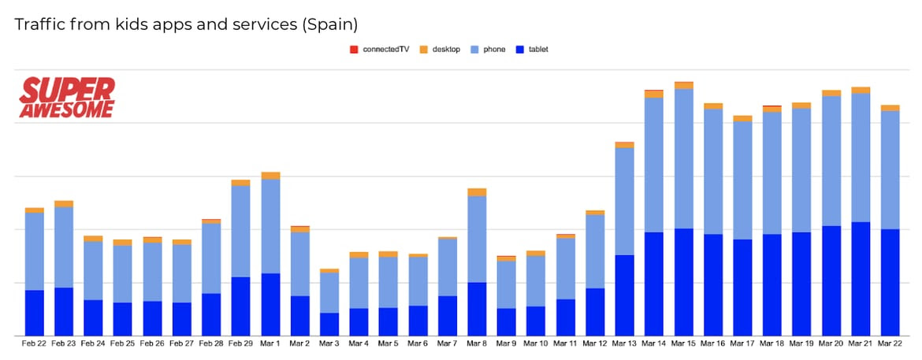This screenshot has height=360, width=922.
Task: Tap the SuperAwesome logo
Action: click(x=67, y=98)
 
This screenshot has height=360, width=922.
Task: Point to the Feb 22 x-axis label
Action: click(x=34, y=343)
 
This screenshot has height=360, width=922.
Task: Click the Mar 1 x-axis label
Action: click(x=270, y=343)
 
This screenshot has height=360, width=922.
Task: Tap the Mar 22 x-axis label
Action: click(x=890, y=343)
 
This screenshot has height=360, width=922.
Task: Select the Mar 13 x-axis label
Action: click(x=625, y=343)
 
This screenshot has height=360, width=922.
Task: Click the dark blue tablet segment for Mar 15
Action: click(x=684, y=282)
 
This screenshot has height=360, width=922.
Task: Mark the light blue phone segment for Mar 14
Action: click(x=654, y=165)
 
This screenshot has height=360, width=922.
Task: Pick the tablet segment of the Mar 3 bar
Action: click(x=329, y=324)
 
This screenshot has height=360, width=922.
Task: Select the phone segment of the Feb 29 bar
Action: click(x=241, y=231)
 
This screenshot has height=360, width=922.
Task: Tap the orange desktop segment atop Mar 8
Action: click(x=477, y=192)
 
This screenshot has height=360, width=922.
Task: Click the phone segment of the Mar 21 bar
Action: click(x=861, y=158)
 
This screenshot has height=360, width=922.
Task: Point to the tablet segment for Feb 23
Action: click(x=64, y=311)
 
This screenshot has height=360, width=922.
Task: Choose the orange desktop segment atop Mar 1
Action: click(x=270, y=176)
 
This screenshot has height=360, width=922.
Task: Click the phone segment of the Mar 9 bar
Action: click(x=507, y=284)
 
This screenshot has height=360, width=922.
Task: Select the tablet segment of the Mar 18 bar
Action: click(x=772, y=284)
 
